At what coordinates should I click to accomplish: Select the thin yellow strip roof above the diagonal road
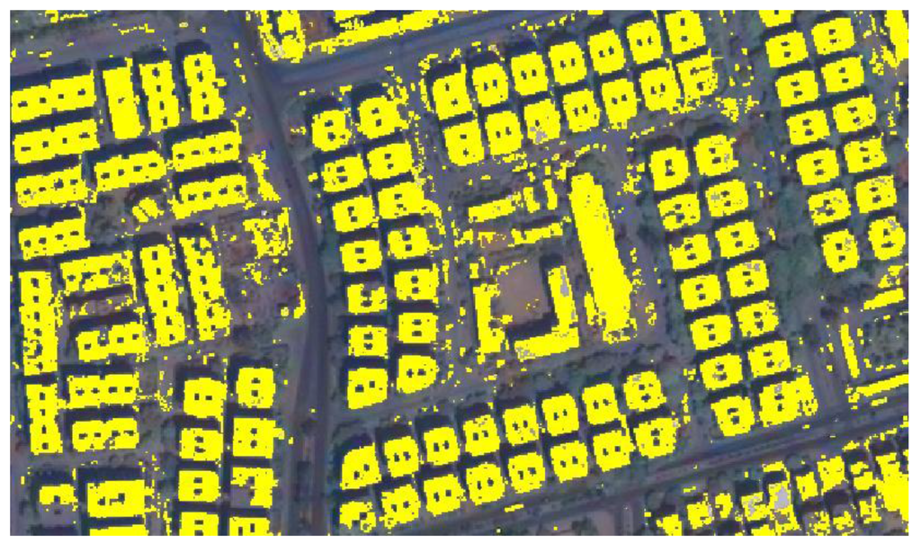(x=878, y=386)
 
